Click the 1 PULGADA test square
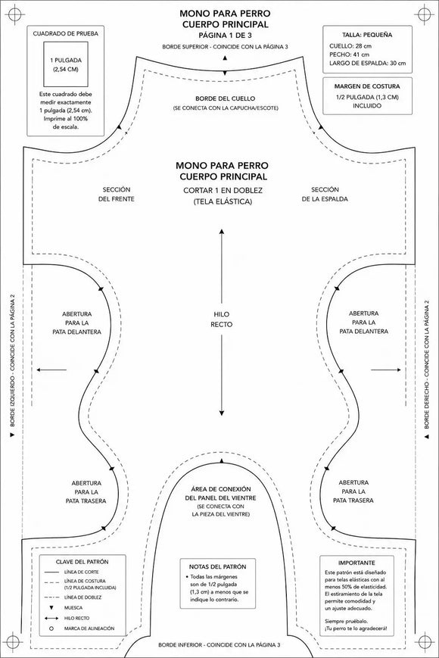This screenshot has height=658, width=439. pos(65,64)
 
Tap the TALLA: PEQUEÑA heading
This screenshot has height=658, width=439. pos(367,36)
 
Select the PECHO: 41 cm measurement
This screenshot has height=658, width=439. pos(349,55)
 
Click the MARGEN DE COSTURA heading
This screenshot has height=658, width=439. pos(367,86)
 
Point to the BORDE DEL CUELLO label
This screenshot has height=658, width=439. pos(225,98)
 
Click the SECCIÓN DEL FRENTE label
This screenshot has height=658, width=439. pos(117,195)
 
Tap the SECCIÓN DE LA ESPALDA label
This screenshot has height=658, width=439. pos(325,195)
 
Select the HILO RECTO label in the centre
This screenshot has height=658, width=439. pos(221,320)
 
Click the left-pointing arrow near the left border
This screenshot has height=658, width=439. pos(51,370)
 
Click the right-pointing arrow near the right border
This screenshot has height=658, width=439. pos(386,370)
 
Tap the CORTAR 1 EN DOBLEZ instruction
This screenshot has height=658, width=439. pos(223,191)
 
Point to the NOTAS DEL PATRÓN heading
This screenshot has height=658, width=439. pos(218,566)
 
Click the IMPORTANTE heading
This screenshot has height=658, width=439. pos(356,563)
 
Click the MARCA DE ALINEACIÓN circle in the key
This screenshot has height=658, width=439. pos(51,628)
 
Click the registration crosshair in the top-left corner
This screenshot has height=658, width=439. pos(14,14)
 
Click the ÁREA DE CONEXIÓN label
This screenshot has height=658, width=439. pos(220,489)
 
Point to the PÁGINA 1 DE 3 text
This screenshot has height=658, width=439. pos(225,36)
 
